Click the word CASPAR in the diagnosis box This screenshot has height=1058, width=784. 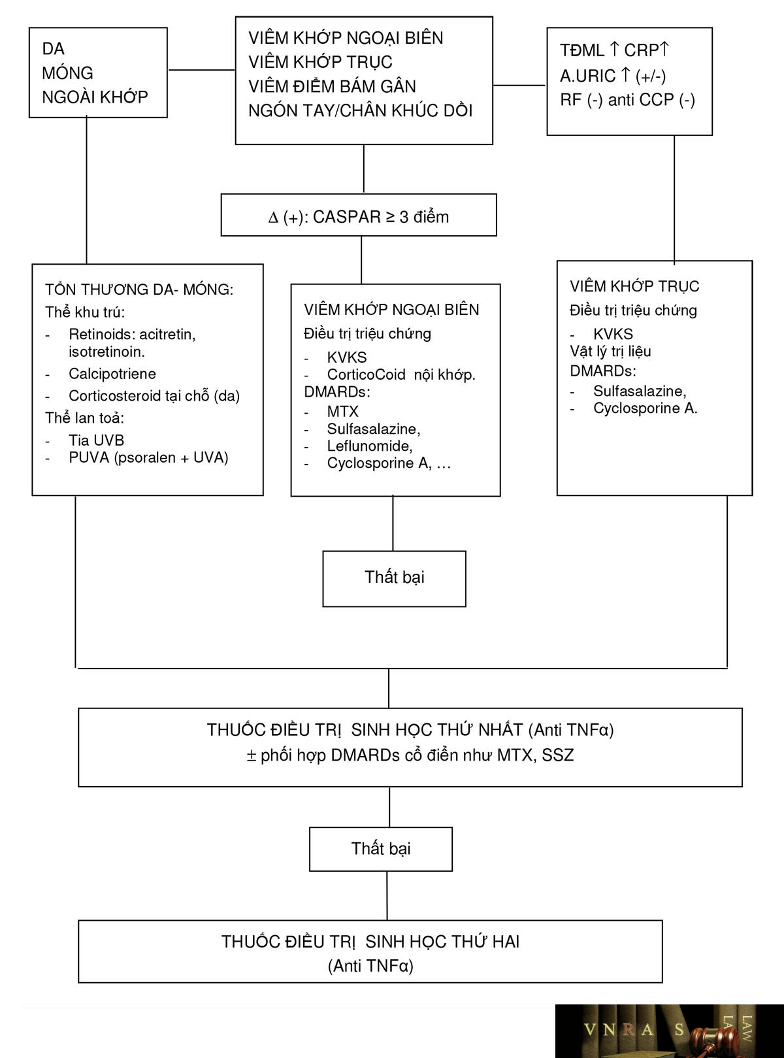pos(347,217)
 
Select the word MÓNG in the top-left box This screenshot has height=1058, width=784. pos(67,73)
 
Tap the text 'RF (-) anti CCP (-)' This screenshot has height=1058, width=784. pos(627,100)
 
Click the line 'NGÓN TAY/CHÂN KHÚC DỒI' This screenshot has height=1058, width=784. pos(360,110)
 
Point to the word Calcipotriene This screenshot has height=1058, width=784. pos(112,374)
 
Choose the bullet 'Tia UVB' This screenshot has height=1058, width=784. pos(96,440)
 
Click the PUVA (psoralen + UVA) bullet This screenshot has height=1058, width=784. pos(148,457)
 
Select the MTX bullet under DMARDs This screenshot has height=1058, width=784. pos(342,411)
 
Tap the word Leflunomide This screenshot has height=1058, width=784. pos(369,446)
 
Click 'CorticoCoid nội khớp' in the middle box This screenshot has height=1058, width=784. pos(401,375)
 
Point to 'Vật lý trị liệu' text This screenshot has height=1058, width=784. pos(610,352)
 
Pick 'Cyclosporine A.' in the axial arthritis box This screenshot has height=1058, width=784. pos(645,408)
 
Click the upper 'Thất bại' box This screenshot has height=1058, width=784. pos(395,578)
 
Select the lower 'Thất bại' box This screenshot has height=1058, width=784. pos(380,849)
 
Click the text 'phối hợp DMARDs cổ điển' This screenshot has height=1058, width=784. pos(359,755)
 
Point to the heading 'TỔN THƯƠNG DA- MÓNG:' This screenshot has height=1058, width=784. pos(139,289)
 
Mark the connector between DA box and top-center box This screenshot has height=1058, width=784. pos(202,70)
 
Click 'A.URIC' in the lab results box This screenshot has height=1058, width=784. pos(588,76)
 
